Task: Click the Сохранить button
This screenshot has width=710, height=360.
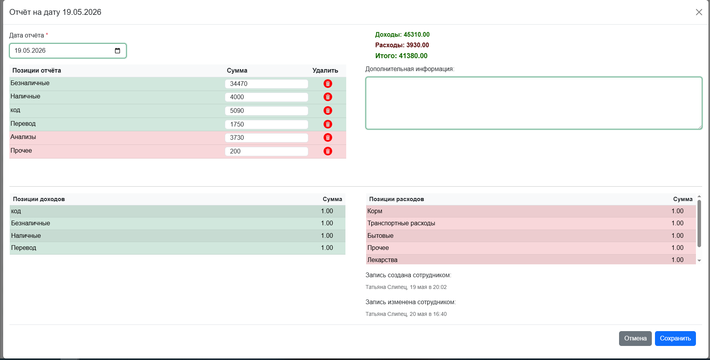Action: pos(675,339)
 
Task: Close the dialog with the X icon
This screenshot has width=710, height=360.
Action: pos(699,12)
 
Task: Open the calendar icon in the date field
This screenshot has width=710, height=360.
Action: pos(117,51)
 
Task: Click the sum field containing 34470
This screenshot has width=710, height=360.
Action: pos(266,84)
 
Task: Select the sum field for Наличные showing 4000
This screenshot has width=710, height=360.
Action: pos(266,97)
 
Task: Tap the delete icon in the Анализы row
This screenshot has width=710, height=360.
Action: pos(328,137)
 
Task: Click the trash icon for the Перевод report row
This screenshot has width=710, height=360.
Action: pos(328,124)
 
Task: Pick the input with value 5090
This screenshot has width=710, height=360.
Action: pos(266,111)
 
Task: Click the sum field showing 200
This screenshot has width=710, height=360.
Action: pos(266,151)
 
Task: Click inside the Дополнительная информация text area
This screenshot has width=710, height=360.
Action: pos(534,103)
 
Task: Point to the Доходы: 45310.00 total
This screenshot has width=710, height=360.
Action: pos(402,35)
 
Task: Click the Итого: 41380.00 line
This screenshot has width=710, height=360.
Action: pos(401,56)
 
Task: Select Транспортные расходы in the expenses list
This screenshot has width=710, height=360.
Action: pos(401,223)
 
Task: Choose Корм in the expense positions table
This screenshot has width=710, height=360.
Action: pos(375,211)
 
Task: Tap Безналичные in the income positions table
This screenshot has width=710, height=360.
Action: pos(30,223)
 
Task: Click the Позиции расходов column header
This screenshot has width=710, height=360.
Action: pos(397,199)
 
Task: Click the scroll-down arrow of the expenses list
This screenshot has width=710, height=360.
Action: pos(699,260)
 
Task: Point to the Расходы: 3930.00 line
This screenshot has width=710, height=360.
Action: pos(402,45)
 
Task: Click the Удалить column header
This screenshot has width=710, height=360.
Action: pos(325,71)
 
